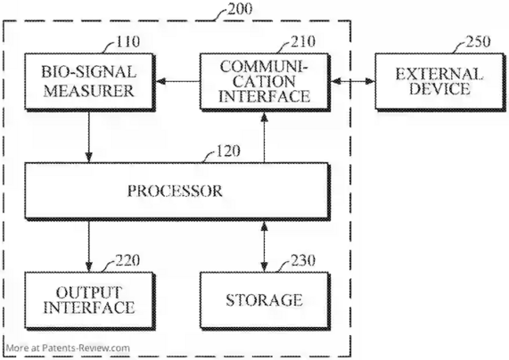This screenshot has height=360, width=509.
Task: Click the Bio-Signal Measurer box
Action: [x=89, y=82]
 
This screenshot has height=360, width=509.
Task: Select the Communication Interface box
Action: [x=265, y=82]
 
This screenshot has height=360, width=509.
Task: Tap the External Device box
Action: [x=439, y=82]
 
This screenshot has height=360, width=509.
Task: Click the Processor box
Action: [x=177, y=192]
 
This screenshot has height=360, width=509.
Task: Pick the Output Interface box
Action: [x=89, y=300]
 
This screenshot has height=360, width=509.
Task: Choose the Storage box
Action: [x=265, y=300]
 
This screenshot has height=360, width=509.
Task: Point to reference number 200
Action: [x=240, y=9]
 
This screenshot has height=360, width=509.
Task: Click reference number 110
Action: [x=127, y=42]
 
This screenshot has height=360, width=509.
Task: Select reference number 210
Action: [x=303, y=42]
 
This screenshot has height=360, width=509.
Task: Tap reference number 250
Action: [x=478, y=42]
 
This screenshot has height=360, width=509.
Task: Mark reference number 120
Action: [x=228, y=151]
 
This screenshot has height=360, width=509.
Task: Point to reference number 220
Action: [x=127, y=260]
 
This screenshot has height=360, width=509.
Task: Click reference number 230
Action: [x=303, y=260]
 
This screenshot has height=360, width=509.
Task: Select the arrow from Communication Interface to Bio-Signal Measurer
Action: [x=177, y=81]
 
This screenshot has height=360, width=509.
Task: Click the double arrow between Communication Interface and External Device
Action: [x=353, y=81]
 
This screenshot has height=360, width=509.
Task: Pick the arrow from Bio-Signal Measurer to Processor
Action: [x=89, y=137]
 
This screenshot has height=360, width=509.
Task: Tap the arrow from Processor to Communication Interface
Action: [x=265, y=137]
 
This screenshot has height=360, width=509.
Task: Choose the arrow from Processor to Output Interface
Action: [x=89, y=246]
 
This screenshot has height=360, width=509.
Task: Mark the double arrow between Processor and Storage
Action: [x=265, y=246]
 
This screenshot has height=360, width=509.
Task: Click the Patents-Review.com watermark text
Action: [x=68, y=348]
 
